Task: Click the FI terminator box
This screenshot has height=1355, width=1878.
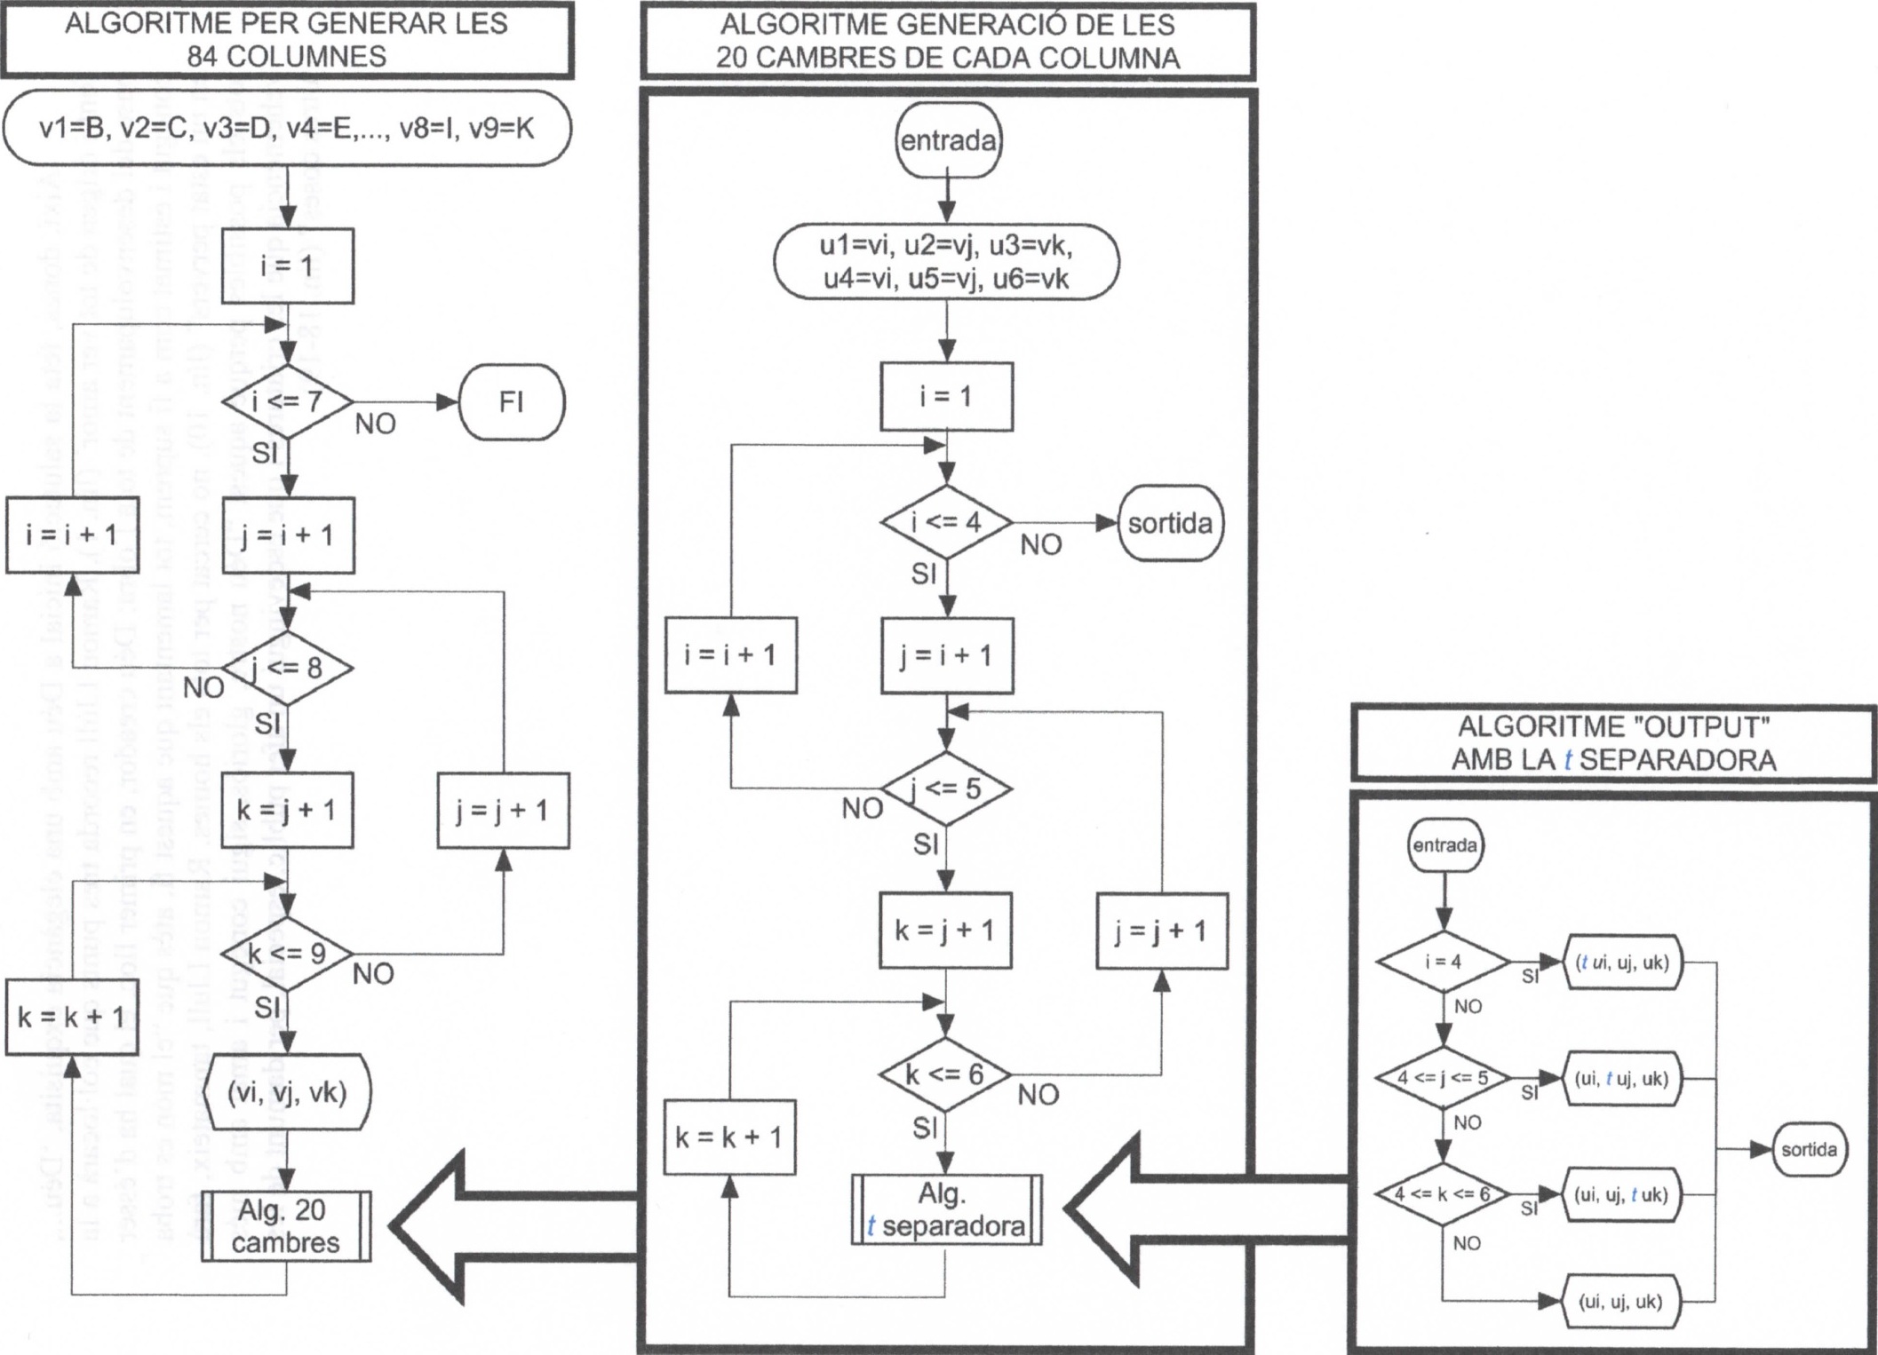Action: click(x=512, y=402)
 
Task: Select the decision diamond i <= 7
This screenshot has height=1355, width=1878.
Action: click(x=287, y=401)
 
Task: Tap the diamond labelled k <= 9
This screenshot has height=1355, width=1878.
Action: click(x=287, y=955)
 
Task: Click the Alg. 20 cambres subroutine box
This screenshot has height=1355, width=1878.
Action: click(x=286, y=1226)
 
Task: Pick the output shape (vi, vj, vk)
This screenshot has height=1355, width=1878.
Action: click(x=287, y=1092)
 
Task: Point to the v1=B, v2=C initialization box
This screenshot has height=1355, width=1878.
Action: click(x=286, y=129)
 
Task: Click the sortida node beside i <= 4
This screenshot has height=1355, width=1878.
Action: click(x=1170, y=523)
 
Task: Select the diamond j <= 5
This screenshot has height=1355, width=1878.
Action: click(x=947, y=788)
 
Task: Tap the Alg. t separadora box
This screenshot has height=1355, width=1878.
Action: click(x=946, y=1210)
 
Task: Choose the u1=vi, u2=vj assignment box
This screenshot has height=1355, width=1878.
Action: click(x=946, y=262)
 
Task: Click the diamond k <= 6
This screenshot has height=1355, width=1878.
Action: click(x=945, y=1074)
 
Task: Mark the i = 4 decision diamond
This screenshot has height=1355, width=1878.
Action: click(x=1443, y=962)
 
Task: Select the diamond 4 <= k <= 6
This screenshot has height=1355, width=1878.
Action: click(x=1443, y=1194)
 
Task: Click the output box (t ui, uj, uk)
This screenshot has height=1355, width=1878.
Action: click(x=1622, y=962)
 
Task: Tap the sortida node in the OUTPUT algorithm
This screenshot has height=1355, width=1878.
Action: click(x=1809, y=1150)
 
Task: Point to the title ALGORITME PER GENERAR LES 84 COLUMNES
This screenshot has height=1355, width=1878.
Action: click(x=286, y=40)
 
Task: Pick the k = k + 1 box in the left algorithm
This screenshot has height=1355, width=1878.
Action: click(x=71, y=1017)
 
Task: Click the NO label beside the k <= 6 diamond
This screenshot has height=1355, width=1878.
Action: click(x=1038, y=1095)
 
